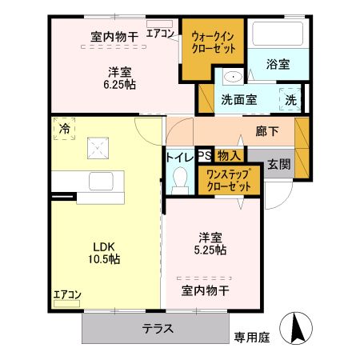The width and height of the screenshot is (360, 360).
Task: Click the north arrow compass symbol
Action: coord(298,327)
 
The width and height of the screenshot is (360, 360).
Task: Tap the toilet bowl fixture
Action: coord(178,181)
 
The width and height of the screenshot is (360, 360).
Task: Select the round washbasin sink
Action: coord(233,78)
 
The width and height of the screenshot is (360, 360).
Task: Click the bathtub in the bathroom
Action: coord(276,35)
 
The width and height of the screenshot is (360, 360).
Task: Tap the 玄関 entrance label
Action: coord(278,164)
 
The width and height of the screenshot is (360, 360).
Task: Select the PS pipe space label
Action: coord(203,157)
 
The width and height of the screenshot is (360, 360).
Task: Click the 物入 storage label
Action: coord(228,157)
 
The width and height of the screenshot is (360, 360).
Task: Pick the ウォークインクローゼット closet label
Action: coord(214,42)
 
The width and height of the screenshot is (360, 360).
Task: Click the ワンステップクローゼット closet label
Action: coord(229,180)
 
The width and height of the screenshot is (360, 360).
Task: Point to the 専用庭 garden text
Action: coord(251,338)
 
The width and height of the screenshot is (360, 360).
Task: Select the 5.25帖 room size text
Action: coord(212,250)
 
